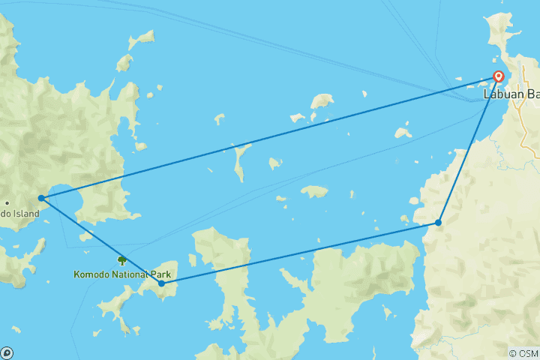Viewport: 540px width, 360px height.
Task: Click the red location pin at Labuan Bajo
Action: [497, 76]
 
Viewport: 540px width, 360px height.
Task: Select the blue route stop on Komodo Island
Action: [41, 198]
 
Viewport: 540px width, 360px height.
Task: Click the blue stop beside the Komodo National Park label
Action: [162, 283]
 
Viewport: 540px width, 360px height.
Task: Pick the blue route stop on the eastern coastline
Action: [438, 223]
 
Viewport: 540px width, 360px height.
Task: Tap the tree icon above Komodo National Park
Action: [121, 260]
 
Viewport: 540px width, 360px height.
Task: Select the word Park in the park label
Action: [160, 274]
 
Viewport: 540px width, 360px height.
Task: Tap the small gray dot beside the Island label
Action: [7, 202]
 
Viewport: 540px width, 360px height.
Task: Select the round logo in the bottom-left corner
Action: [7, 352]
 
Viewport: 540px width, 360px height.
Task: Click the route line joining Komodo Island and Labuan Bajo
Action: [270, 137]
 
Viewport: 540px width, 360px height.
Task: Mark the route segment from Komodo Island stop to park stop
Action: [101, 241]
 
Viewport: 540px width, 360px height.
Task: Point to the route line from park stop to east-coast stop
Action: [300, 253]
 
